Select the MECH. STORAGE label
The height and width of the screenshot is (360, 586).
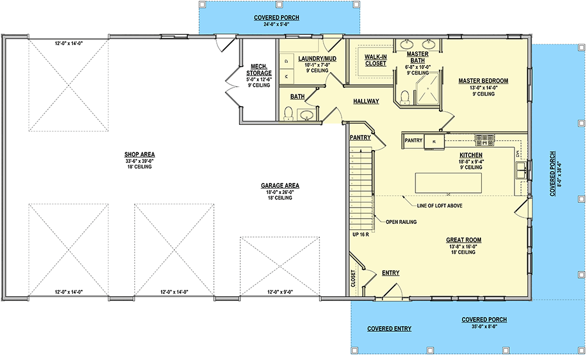259,70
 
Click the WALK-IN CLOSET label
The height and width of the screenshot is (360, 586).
375,60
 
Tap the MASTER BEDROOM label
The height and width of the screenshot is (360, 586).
483,81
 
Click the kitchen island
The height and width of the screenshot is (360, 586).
449,183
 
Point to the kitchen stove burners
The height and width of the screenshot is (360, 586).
485,139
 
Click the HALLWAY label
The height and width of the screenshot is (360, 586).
366,101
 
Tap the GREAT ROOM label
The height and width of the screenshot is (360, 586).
464,239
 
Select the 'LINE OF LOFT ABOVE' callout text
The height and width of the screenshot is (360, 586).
439,205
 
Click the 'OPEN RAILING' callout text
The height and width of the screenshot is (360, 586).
401,222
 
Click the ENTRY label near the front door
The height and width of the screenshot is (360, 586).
391,273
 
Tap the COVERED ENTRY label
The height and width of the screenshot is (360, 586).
389,329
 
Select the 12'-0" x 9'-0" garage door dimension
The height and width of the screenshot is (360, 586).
281,292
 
